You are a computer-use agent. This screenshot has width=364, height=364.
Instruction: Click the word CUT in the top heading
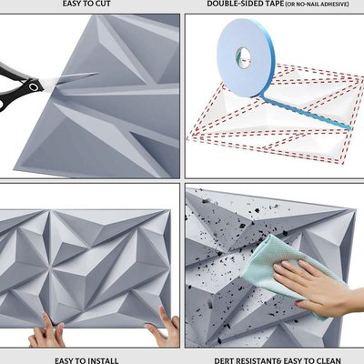(102, 4)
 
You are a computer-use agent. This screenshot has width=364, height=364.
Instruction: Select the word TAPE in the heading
(275, 4)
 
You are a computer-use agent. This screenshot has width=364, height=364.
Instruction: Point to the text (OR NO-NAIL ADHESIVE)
(317, 5)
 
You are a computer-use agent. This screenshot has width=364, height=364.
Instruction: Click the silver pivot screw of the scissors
(34, 87)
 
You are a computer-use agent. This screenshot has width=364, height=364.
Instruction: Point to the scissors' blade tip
(97, 73)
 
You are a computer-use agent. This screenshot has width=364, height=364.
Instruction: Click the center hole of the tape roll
(243, 56)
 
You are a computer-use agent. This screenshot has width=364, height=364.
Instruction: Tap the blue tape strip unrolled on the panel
(307, 113)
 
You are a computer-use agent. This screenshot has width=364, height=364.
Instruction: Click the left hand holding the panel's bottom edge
(47, 332)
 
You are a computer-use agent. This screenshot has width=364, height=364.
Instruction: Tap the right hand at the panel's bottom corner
(163, 328)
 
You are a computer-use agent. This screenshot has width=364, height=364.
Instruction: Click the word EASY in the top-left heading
(73, 4)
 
